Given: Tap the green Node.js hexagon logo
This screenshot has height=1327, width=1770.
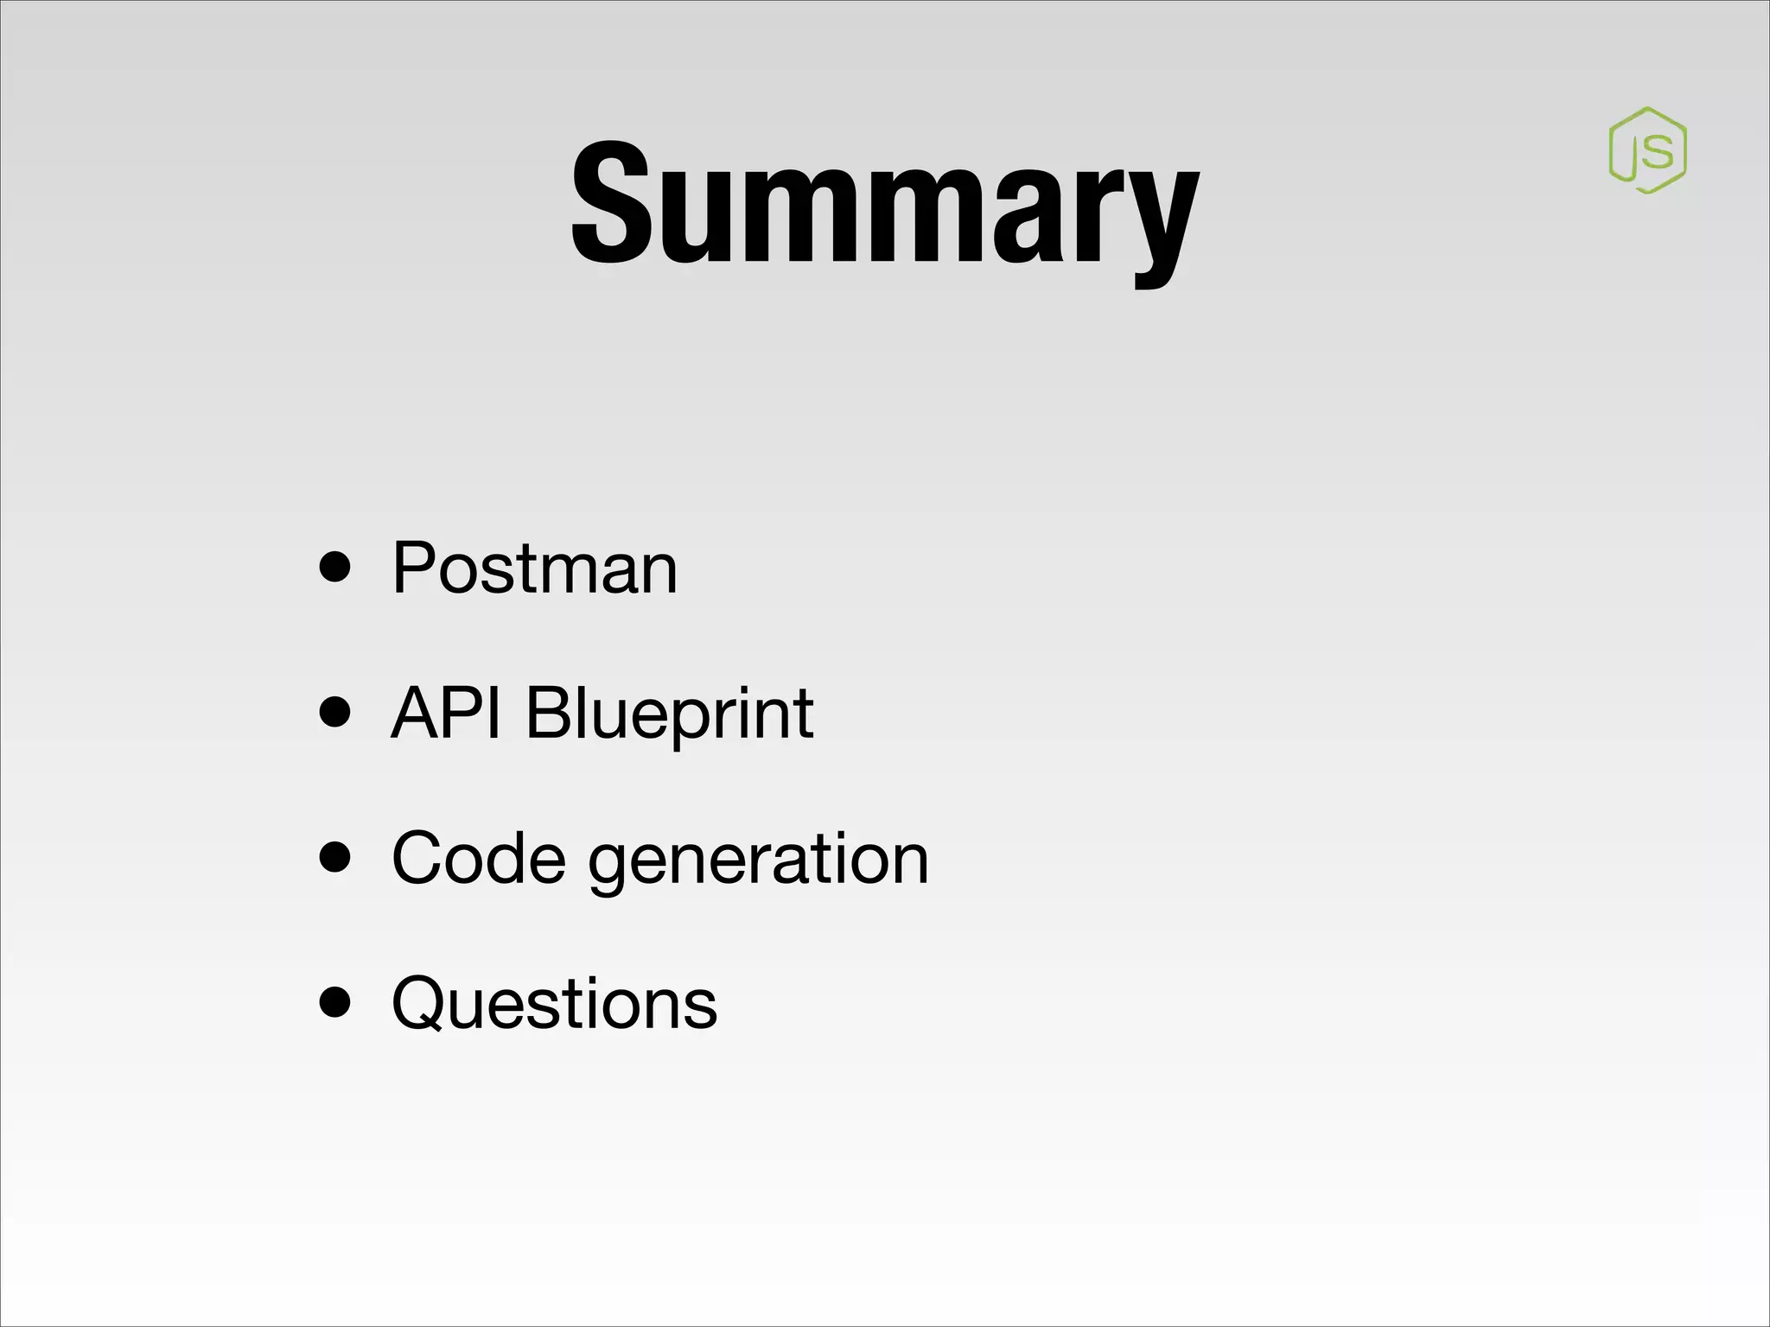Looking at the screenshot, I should pyautogui.click(x=1647, y=150).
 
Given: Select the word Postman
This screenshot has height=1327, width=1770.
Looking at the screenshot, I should pyautogui.click(x=534, y=568).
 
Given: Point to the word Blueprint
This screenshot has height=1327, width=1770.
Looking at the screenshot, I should pyautogui.click(x=669, y=714).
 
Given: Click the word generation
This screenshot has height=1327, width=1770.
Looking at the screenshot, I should pyautogui.click(x=758, y=860).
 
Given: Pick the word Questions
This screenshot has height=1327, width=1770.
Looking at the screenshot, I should pyautogui.click(x=554, y=1003).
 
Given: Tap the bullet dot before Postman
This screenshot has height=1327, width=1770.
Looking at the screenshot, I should pyautogui.click(x=334, y=568).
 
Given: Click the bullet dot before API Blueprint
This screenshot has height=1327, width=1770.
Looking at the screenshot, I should pyautogui.click(x=334, y=713).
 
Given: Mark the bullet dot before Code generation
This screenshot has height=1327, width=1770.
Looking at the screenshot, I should pyautogui.click(x=334, y=858).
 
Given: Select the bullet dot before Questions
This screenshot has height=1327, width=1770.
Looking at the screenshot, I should pyautogui.click(x=334, y=1002).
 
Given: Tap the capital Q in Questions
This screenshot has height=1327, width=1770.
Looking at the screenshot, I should pyautogui.click(x=423, y=1004).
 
